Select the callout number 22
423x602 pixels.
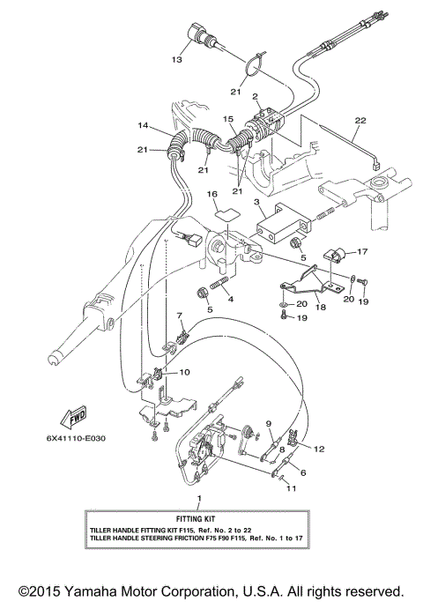pos(359,120)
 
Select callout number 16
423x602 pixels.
pos(211,193)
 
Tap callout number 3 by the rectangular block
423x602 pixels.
pos(256,202)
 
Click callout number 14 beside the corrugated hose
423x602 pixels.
pos(143,127)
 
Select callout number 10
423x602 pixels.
pos(184,372)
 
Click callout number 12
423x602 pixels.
pos(320,449)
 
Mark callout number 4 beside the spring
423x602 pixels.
pos(232,299)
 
